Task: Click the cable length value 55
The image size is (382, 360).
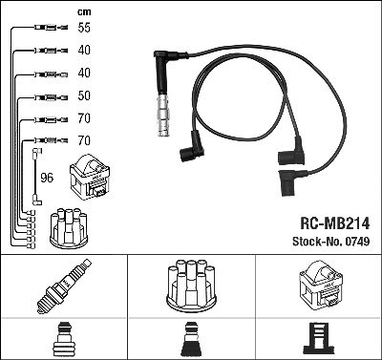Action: coord(84,28)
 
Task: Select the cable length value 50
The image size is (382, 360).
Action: coord(84,95)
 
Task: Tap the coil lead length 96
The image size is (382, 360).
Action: coord(47,178)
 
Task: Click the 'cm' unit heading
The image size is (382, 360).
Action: coord(84,12)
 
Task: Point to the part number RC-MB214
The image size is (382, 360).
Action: coord(335,223)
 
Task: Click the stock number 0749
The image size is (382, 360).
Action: coord(356,242)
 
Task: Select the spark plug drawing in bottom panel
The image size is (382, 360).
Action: coord(64,286)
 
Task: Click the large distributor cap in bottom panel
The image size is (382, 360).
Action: coord(191,286)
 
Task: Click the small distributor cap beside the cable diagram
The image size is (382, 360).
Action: coord(69,228)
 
